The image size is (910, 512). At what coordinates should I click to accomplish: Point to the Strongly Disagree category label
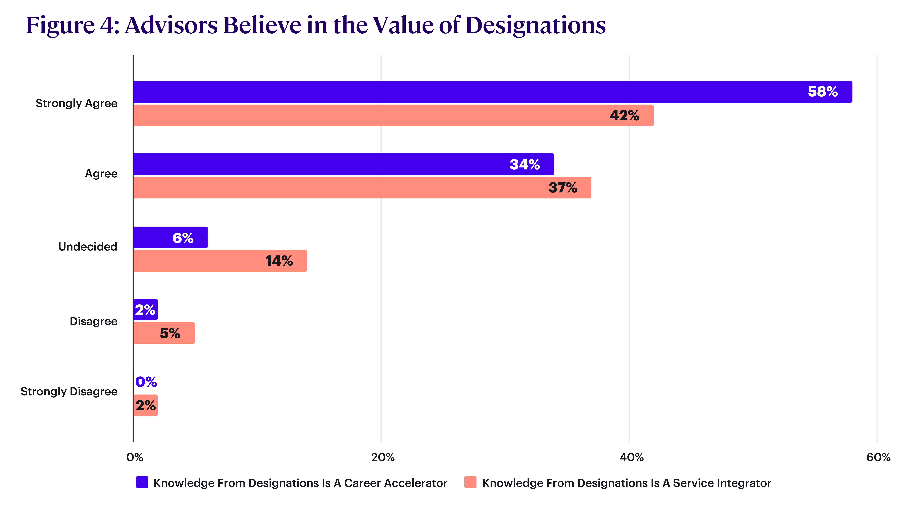69,392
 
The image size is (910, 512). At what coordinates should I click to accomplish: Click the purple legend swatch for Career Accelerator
142,482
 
